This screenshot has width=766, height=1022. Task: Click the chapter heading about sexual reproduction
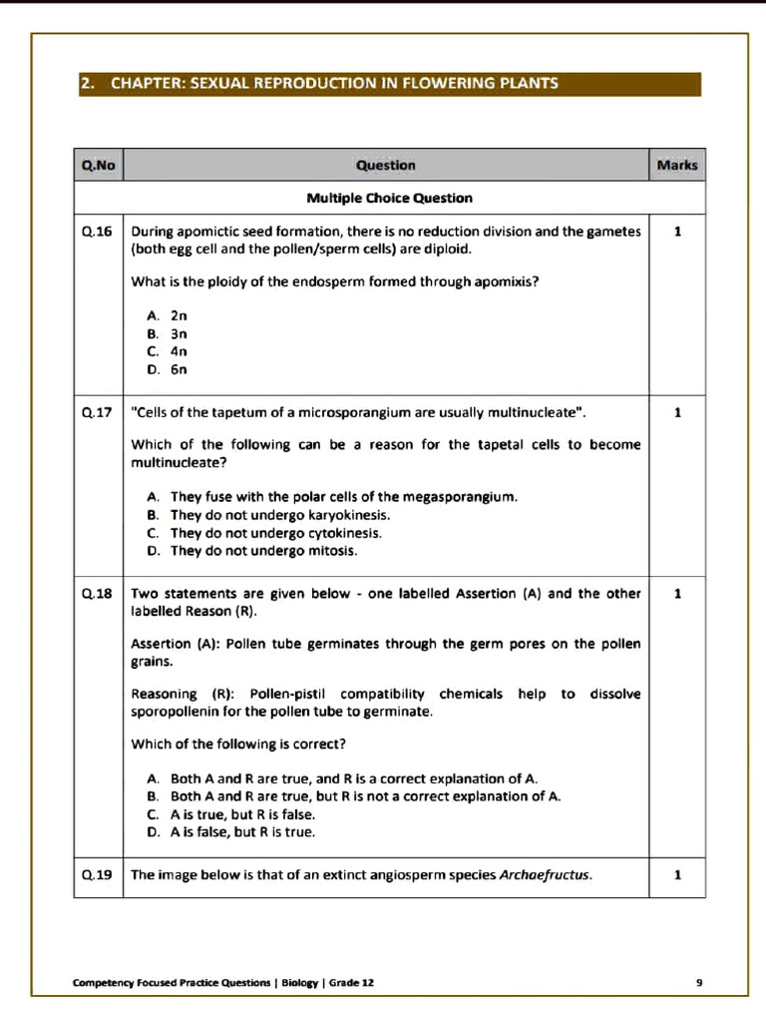pyautogui.click(x=333, y=83)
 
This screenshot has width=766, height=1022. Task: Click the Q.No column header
pyautogui.click(x=98, y=165)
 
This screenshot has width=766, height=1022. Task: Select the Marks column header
pyautogui.click(x=677, y=165)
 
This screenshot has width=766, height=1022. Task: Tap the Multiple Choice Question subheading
pyautogui.click(x=389, y=198)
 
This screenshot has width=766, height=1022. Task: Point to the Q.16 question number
pyautogui.click(x=98, y=232)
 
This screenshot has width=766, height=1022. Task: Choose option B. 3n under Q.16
pyautogui.click(x=168, y=333)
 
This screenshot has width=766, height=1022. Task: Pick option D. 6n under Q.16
pyautogui.click(x=168, y=369)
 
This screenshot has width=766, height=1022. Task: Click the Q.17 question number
pyautogui.click(x=98, y=412)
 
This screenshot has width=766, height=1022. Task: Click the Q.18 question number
pyautogui.click(x=98, y=594)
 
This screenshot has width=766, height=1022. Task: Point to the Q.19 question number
pyautogui.click(x=98, y=875)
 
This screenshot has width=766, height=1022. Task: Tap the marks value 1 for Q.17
pyautogui.click(x=677, y=412)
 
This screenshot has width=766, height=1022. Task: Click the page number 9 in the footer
pyautogui.click(x=699, y=982)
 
